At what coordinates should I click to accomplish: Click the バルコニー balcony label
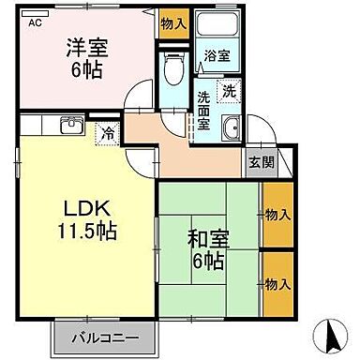click(104, 336)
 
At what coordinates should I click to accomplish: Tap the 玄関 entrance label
click(261, 160)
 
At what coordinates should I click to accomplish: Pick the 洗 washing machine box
click(230, 91)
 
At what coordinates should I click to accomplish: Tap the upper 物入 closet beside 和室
click(277, 215)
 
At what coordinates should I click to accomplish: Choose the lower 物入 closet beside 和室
click(277, 282)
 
